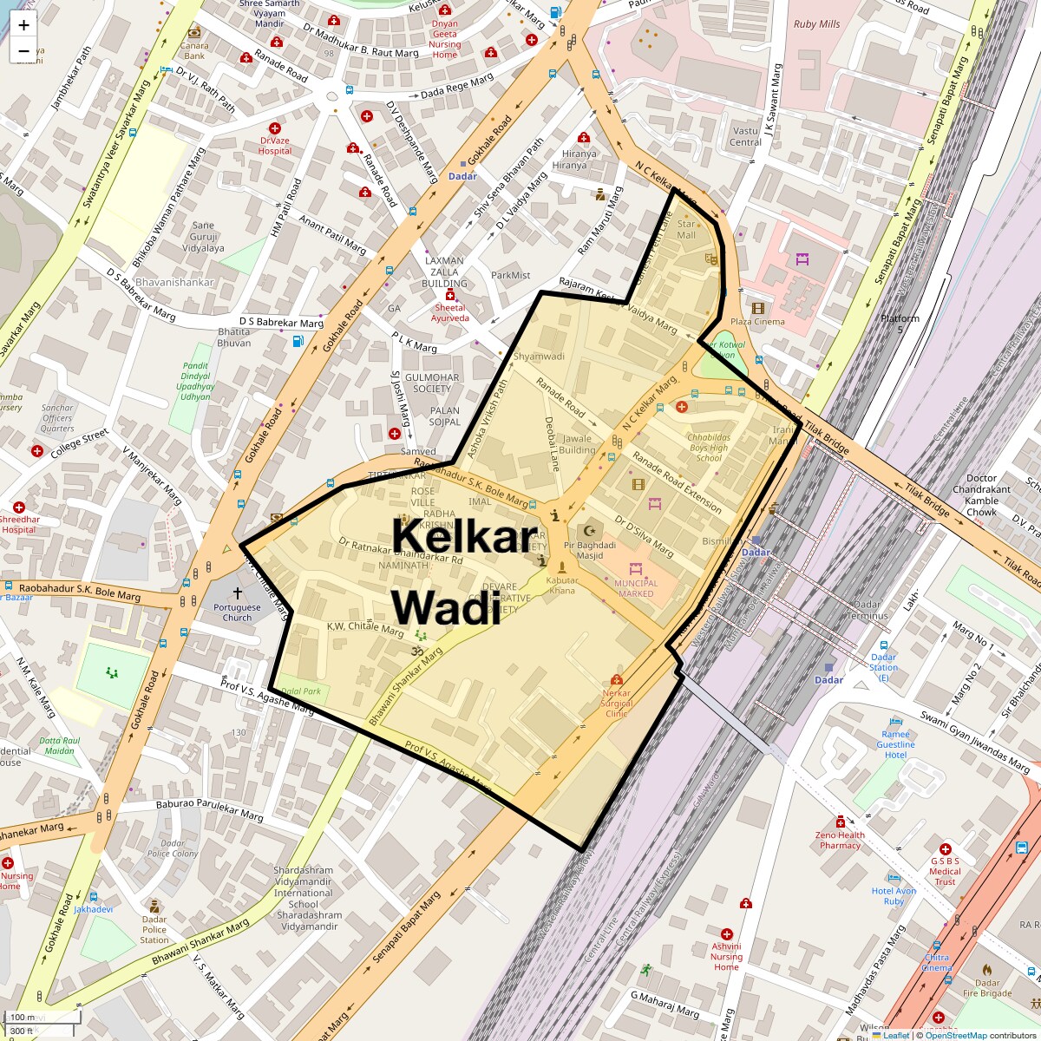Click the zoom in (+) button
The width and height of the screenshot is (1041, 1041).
23,25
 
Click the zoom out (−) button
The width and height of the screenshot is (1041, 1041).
23,51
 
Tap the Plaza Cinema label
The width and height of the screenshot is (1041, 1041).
756,322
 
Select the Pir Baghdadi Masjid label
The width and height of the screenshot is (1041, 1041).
589,550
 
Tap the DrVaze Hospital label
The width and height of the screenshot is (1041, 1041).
275,146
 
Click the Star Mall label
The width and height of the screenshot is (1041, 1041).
686,230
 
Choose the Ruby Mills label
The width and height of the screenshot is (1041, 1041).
816,24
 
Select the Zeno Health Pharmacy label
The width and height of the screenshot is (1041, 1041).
840,840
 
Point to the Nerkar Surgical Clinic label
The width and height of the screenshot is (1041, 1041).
617,703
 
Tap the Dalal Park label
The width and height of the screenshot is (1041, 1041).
301,691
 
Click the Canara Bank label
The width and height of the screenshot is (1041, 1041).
194,51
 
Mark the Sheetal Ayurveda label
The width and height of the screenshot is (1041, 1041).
450,313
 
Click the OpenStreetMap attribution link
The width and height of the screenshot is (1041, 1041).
955,1035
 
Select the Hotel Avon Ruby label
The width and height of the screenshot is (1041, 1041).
894,896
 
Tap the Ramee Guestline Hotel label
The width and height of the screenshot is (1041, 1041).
895,744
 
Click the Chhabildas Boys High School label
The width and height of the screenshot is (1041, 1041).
709,448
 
